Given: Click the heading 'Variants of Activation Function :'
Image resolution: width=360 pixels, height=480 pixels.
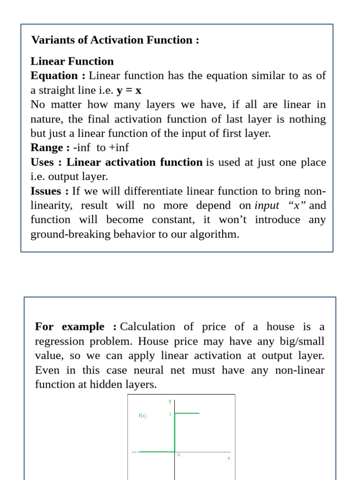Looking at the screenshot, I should coord(115,40).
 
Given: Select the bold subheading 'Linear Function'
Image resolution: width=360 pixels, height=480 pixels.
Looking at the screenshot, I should coord(72,61).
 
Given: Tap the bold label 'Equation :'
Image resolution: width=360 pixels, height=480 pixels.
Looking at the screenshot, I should coord(58,76).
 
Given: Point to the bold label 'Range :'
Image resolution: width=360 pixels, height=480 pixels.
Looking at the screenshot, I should coord(50,148).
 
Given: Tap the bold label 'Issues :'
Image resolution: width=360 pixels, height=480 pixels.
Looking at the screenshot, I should coord(50,191).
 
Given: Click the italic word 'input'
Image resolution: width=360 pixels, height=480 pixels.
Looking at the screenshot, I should coord(266,205).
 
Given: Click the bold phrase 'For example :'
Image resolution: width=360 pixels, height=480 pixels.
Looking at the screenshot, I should coord(75,327).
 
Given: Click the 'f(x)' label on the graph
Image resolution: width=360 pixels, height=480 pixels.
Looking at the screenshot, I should coord(142,416).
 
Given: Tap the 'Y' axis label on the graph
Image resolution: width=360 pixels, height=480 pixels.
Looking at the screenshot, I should coord(170,401).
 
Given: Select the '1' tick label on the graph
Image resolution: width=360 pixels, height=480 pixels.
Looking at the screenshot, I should coord(170,414).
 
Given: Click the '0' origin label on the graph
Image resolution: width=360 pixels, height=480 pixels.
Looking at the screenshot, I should coord(178,455).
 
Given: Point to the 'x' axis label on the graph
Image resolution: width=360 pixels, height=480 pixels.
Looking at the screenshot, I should coord(229,458).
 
